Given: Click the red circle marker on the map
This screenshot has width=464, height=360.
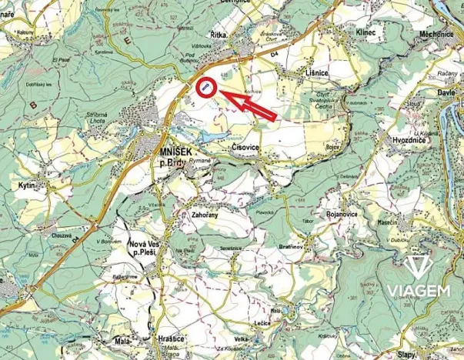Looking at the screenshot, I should [x=206, y=88].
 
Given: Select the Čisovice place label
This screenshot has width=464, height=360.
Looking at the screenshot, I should [x=245, y=144].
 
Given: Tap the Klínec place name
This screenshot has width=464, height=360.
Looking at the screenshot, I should [x=366, y=33].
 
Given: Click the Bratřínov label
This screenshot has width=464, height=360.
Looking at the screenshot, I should [x=295, y=248].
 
